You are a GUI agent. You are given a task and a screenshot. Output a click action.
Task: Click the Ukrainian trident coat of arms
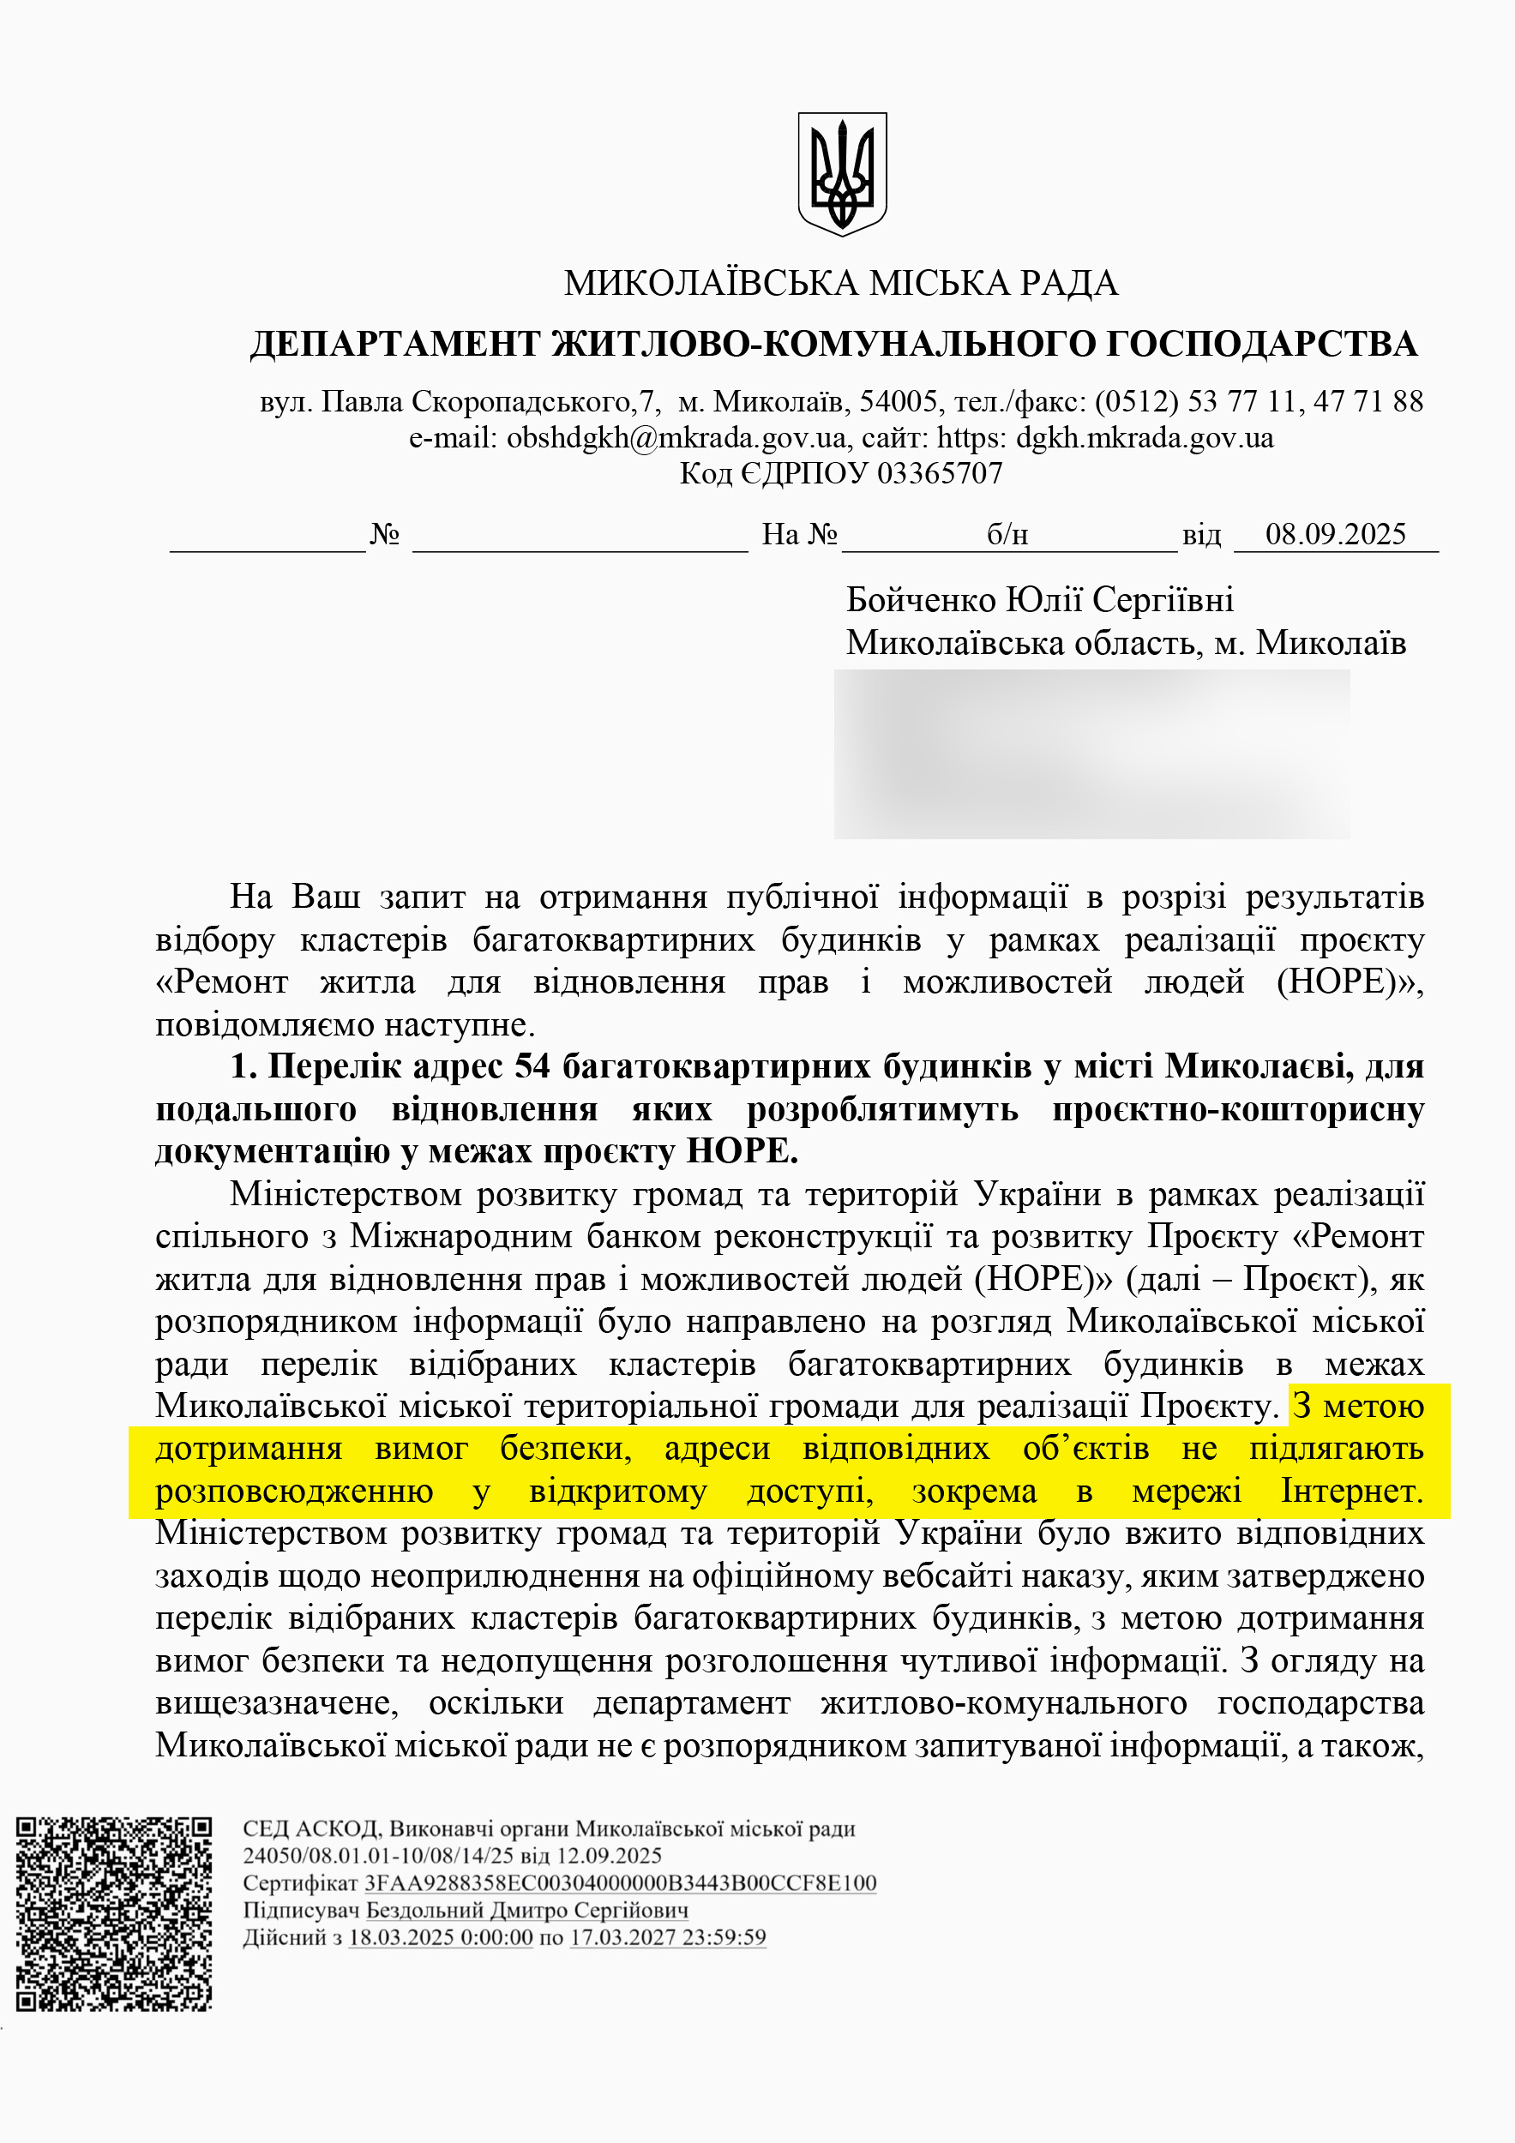point(842,174)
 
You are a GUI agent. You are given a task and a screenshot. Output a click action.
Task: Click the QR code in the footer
point(114,1913)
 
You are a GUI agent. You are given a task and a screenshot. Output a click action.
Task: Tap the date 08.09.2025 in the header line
point(1335,534)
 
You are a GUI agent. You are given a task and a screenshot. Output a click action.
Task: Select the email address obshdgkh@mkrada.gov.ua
point(676,438)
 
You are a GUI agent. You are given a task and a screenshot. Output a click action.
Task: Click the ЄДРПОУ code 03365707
point(940,474)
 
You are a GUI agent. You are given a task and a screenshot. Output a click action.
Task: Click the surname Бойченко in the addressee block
point(920,599)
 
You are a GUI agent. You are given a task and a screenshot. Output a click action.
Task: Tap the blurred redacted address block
point(1091,754)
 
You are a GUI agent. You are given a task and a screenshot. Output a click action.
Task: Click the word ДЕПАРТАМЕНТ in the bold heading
point(396,345)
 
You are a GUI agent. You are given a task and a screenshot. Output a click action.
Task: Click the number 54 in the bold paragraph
point(532,1065)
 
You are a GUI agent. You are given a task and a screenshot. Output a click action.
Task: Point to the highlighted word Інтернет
point(1350,1492)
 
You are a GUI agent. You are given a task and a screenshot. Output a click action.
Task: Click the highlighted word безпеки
point(565,1449)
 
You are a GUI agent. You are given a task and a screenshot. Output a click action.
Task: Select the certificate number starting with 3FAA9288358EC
point(620,1882)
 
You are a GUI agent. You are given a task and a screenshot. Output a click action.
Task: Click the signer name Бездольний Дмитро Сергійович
point(526,1910)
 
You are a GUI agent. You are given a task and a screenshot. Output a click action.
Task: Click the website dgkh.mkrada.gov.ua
point(1145,438)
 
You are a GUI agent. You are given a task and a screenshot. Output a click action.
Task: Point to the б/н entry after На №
point(1007,535)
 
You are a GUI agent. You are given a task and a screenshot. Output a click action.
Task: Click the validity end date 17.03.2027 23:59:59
point(667,1936)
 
